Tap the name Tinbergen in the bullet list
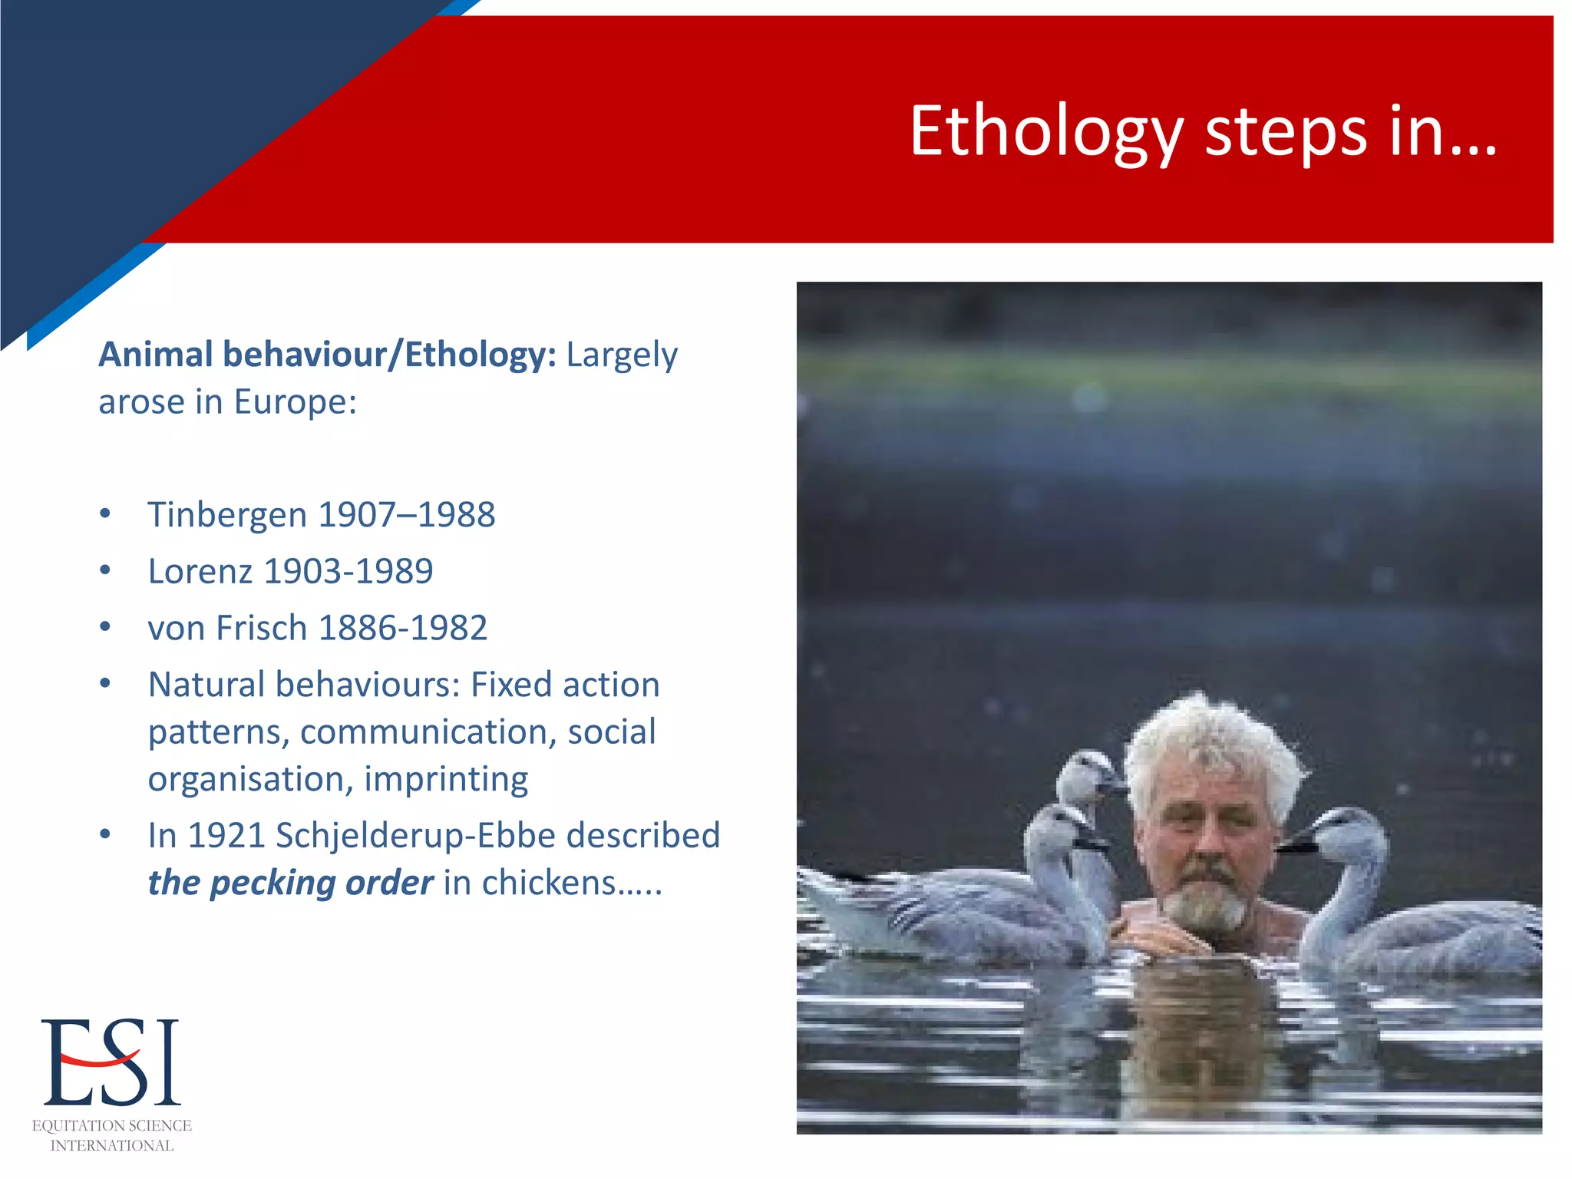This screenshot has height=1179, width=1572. (226, 515)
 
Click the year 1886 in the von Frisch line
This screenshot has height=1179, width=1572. (355, 629)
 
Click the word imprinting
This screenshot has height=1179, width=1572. (446, 780)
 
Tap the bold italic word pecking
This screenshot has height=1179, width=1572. (272, 883)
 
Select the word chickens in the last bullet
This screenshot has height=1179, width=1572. (548, 883)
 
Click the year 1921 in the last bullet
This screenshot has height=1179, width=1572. (226, 836)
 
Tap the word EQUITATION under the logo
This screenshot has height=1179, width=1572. (74, 1126)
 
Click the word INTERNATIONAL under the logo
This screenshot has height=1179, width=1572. (112, 1146)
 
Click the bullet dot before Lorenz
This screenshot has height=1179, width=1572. (105, 570)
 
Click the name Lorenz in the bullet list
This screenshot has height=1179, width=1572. (200, 572)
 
